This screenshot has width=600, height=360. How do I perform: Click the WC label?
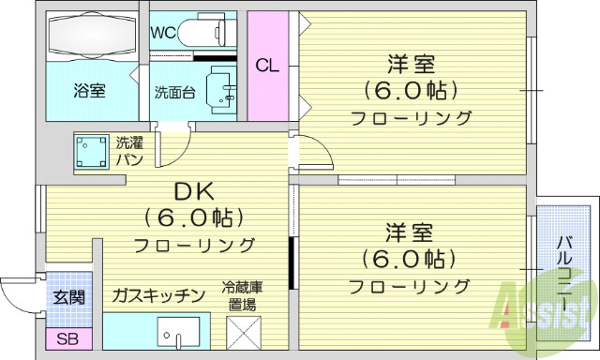(165, 31)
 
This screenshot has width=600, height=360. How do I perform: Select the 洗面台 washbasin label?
(174, 92)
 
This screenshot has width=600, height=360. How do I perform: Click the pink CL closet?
(267, 66)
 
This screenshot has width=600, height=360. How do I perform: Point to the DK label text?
(194, 192)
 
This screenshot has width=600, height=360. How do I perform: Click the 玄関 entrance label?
(68, 297)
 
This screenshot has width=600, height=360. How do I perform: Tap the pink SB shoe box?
(67, 339)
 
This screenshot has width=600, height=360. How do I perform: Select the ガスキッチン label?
(157, 296)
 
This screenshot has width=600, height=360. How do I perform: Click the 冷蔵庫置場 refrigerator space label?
(242, 295)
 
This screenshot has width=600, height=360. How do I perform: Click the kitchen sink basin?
(178, 333)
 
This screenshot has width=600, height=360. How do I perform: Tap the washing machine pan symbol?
(92, 152)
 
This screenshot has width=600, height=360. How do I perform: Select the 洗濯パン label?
(129, 152)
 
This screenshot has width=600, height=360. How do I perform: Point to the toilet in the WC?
(207, 32)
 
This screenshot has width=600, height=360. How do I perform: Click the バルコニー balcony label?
(565, 267)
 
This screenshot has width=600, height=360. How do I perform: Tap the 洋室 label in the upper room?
(411, 66)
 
